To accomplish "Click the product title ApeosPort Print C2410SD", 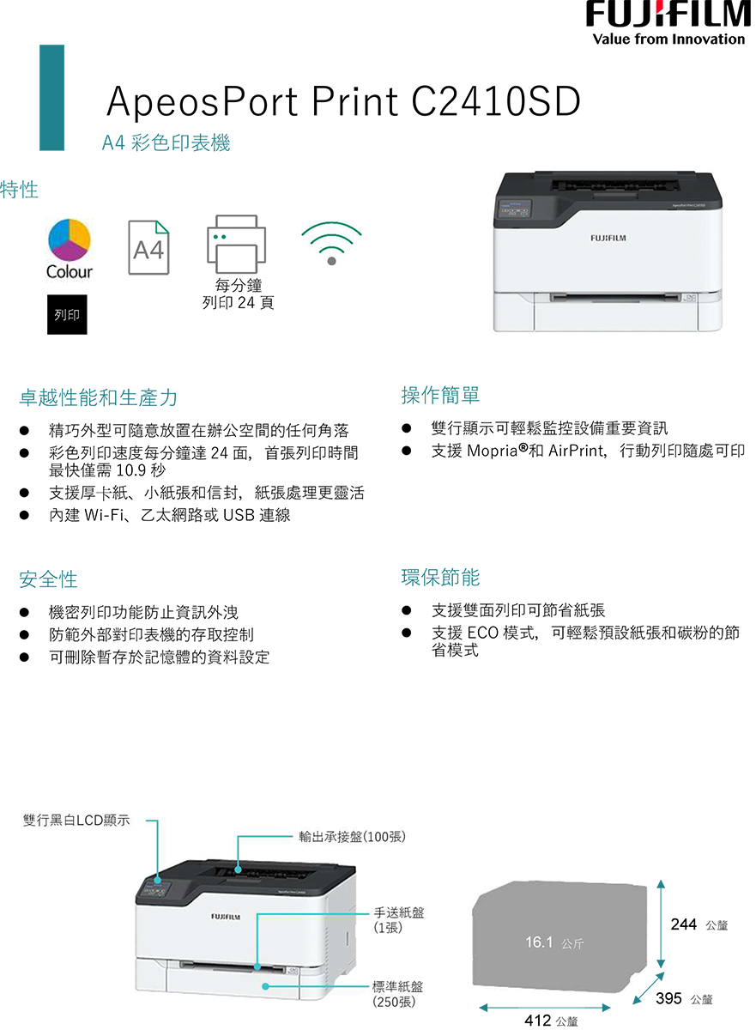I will tap(343, 102).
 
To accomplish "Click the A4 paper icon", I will tap(148, 248).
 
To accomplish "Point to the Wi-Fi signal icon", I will tap(331, 244).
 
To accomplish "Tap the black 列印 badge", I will tap(67, 315).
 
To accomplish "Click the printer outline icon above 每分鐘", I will tap(236, 243).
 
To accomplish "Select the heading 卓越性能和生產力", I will tap(99, 397).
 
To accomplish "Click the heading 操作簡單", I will tap(440, 395).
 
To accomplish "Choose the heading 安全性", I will tap(48, 580).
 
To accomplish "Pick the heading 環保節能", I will tap(440, 578).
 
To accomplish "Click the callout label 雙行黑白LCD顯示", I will tap(76, 821).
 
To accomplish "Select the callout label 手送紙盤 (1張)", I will tap(398, 919).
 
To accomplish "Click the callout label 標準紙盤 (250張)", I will tap(398, 994).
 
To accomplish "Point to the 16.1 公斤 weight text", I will tap(554, 943).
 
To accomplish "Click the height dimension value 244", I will tap(684, 924).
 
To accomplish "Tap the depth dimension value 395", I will tap(669, 998).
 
